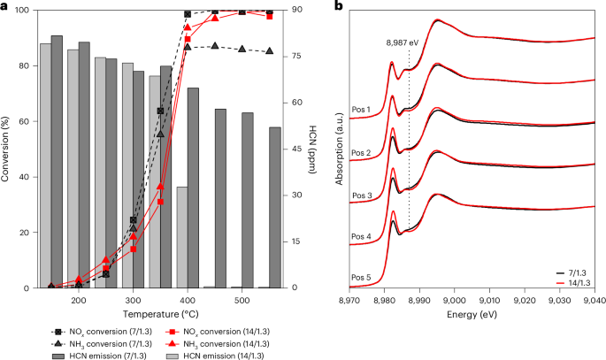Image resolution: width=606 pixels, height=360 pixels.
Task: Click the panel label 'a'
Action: point(4,6)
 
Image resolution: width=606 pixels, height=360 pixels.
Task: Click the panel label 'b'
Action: point(336,6)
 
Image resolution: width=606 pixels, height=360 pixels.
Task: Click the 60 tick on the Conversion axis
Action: point(26,121)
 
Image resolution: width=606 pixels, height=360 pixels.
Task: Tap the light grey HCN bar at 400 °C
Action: point(182,237)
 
